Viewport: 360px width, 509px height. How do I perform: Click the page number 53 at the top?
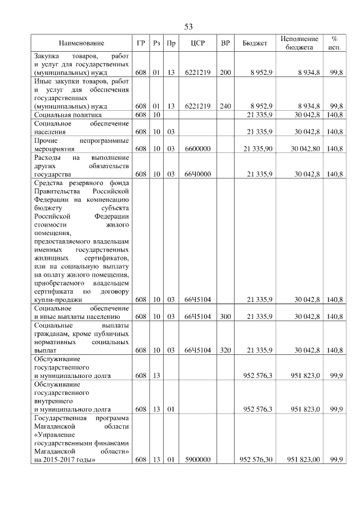pos(188,27)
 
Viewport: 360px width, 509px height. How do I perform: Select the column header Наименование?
pos(82,43)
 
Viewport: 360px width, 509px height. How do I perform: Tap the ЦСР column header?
pos(197,43)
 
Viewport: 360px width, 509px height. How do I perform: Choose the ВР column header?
pos(225,43)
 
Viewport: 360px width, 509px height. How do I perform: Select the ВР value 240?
pos(225,106)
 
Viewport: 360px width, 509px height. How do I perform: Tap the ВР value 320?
pos(225,350)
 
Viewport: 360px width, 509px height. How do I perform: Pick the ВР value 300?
pos(225,317)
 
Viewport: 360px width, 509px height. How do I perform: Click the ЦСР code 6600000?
pos(197,148)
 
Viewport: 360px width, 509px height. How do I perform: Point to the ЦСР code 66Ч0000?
pos(197,174)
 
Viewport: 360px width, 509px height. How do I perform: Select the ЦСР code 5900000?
pos(197,460)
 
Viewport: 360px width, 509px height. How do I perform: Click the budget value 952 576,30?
pos(256,460)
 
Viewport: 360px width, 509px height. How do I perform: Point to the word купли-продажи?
pos(58,300)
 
